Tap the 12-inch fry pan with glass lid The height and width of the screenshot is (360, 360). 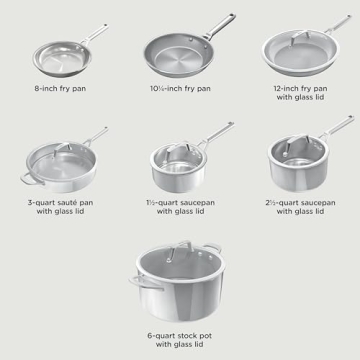[298, 52]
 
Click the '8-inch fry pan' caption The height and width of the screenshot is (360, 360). [60, 88]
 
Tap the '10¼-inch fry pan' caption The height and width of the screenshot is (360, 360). [179, 88]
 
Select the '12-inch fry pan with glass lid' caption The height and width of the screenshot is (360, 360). [300, 93]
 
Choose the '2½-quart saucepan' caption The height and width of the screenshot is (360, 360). [300, 207]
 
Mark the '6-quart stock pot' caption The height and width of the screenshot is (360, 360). [180, 341]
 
